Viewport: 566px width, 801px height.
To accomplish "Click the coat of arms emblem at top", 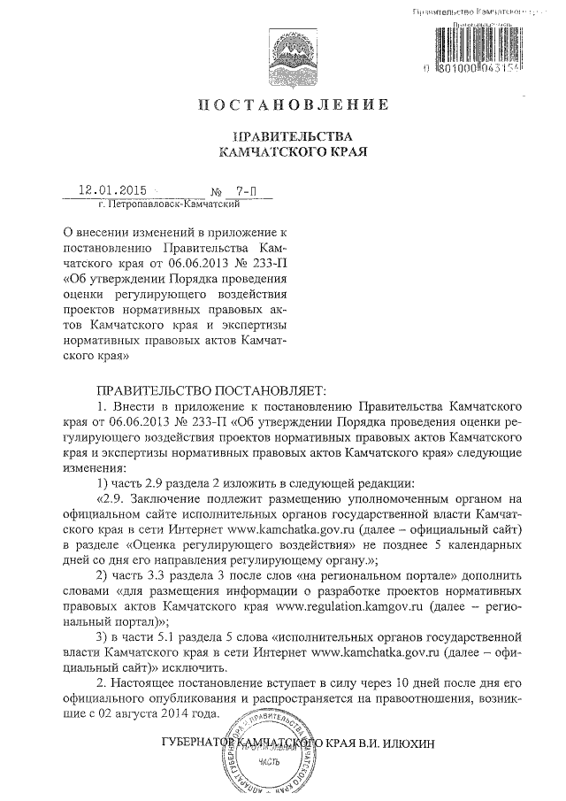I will (x=291, y=52).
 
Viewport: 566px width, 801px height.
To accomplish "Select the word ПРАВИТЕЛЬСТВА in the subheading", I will (x=291, y=136).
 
